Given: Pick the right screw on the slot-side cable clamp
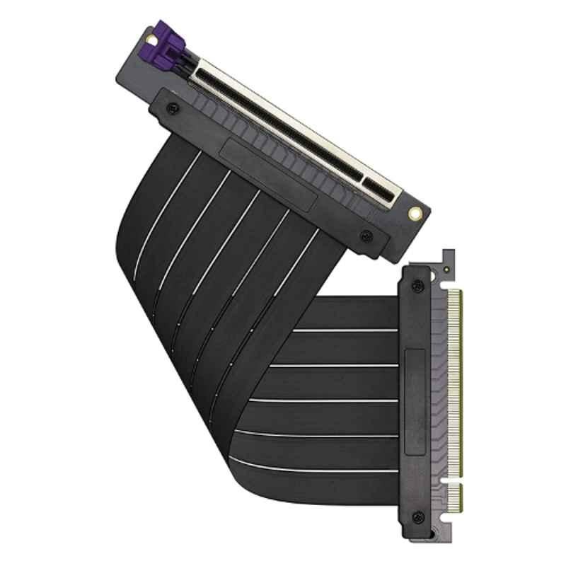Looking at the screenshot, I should [x=364, y=236].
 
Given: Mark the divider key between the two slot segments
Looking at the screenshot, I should [x=368, y=181].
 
